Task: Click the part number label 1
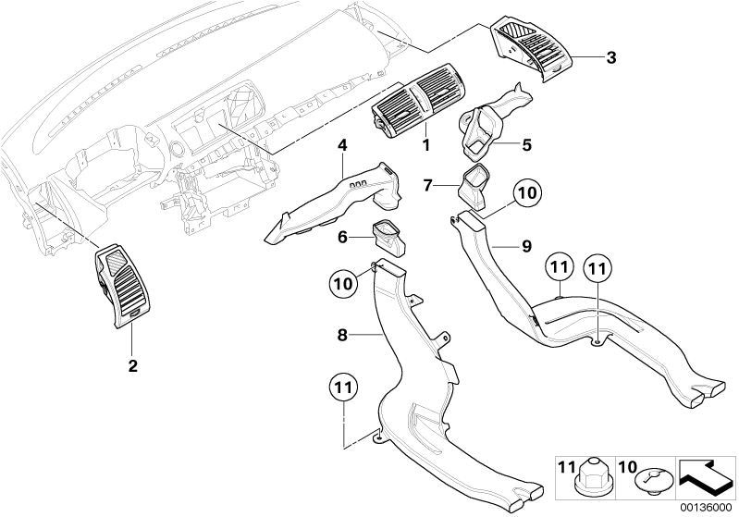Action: click(x=426, y=144)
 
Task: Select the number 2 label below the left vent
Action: click(x=133, y=365)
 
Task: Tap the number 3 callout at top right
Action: click(x=610, y=58)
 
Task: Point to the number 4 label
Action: click(x=342, y=145)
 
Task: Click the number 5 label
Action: click(x=526, y=145)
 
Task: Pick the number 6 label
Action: click(x=342, y=237)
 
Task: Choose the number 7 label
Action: click(x=427, y=186)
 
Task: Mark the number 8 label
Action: click(x=342, y=335)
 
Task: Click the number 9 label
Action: click(x=526, y=246)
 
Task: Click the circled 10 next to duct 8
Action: click(x=343, y=283)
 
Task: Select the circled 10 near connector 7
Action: click(x=527, y=192)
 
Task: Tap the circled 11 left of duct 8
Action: click(x=343, y=388)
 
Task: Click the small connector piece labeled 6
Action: click(x=388, y=240)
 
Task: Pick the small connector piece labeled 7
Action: click(x=474, y=188)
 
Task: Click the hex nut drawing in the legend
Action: click(x=595, y=477)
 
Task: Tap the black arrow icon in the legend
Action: click(x=706, y=476)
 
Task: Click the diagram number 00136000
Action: click(x=706, y=508)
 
